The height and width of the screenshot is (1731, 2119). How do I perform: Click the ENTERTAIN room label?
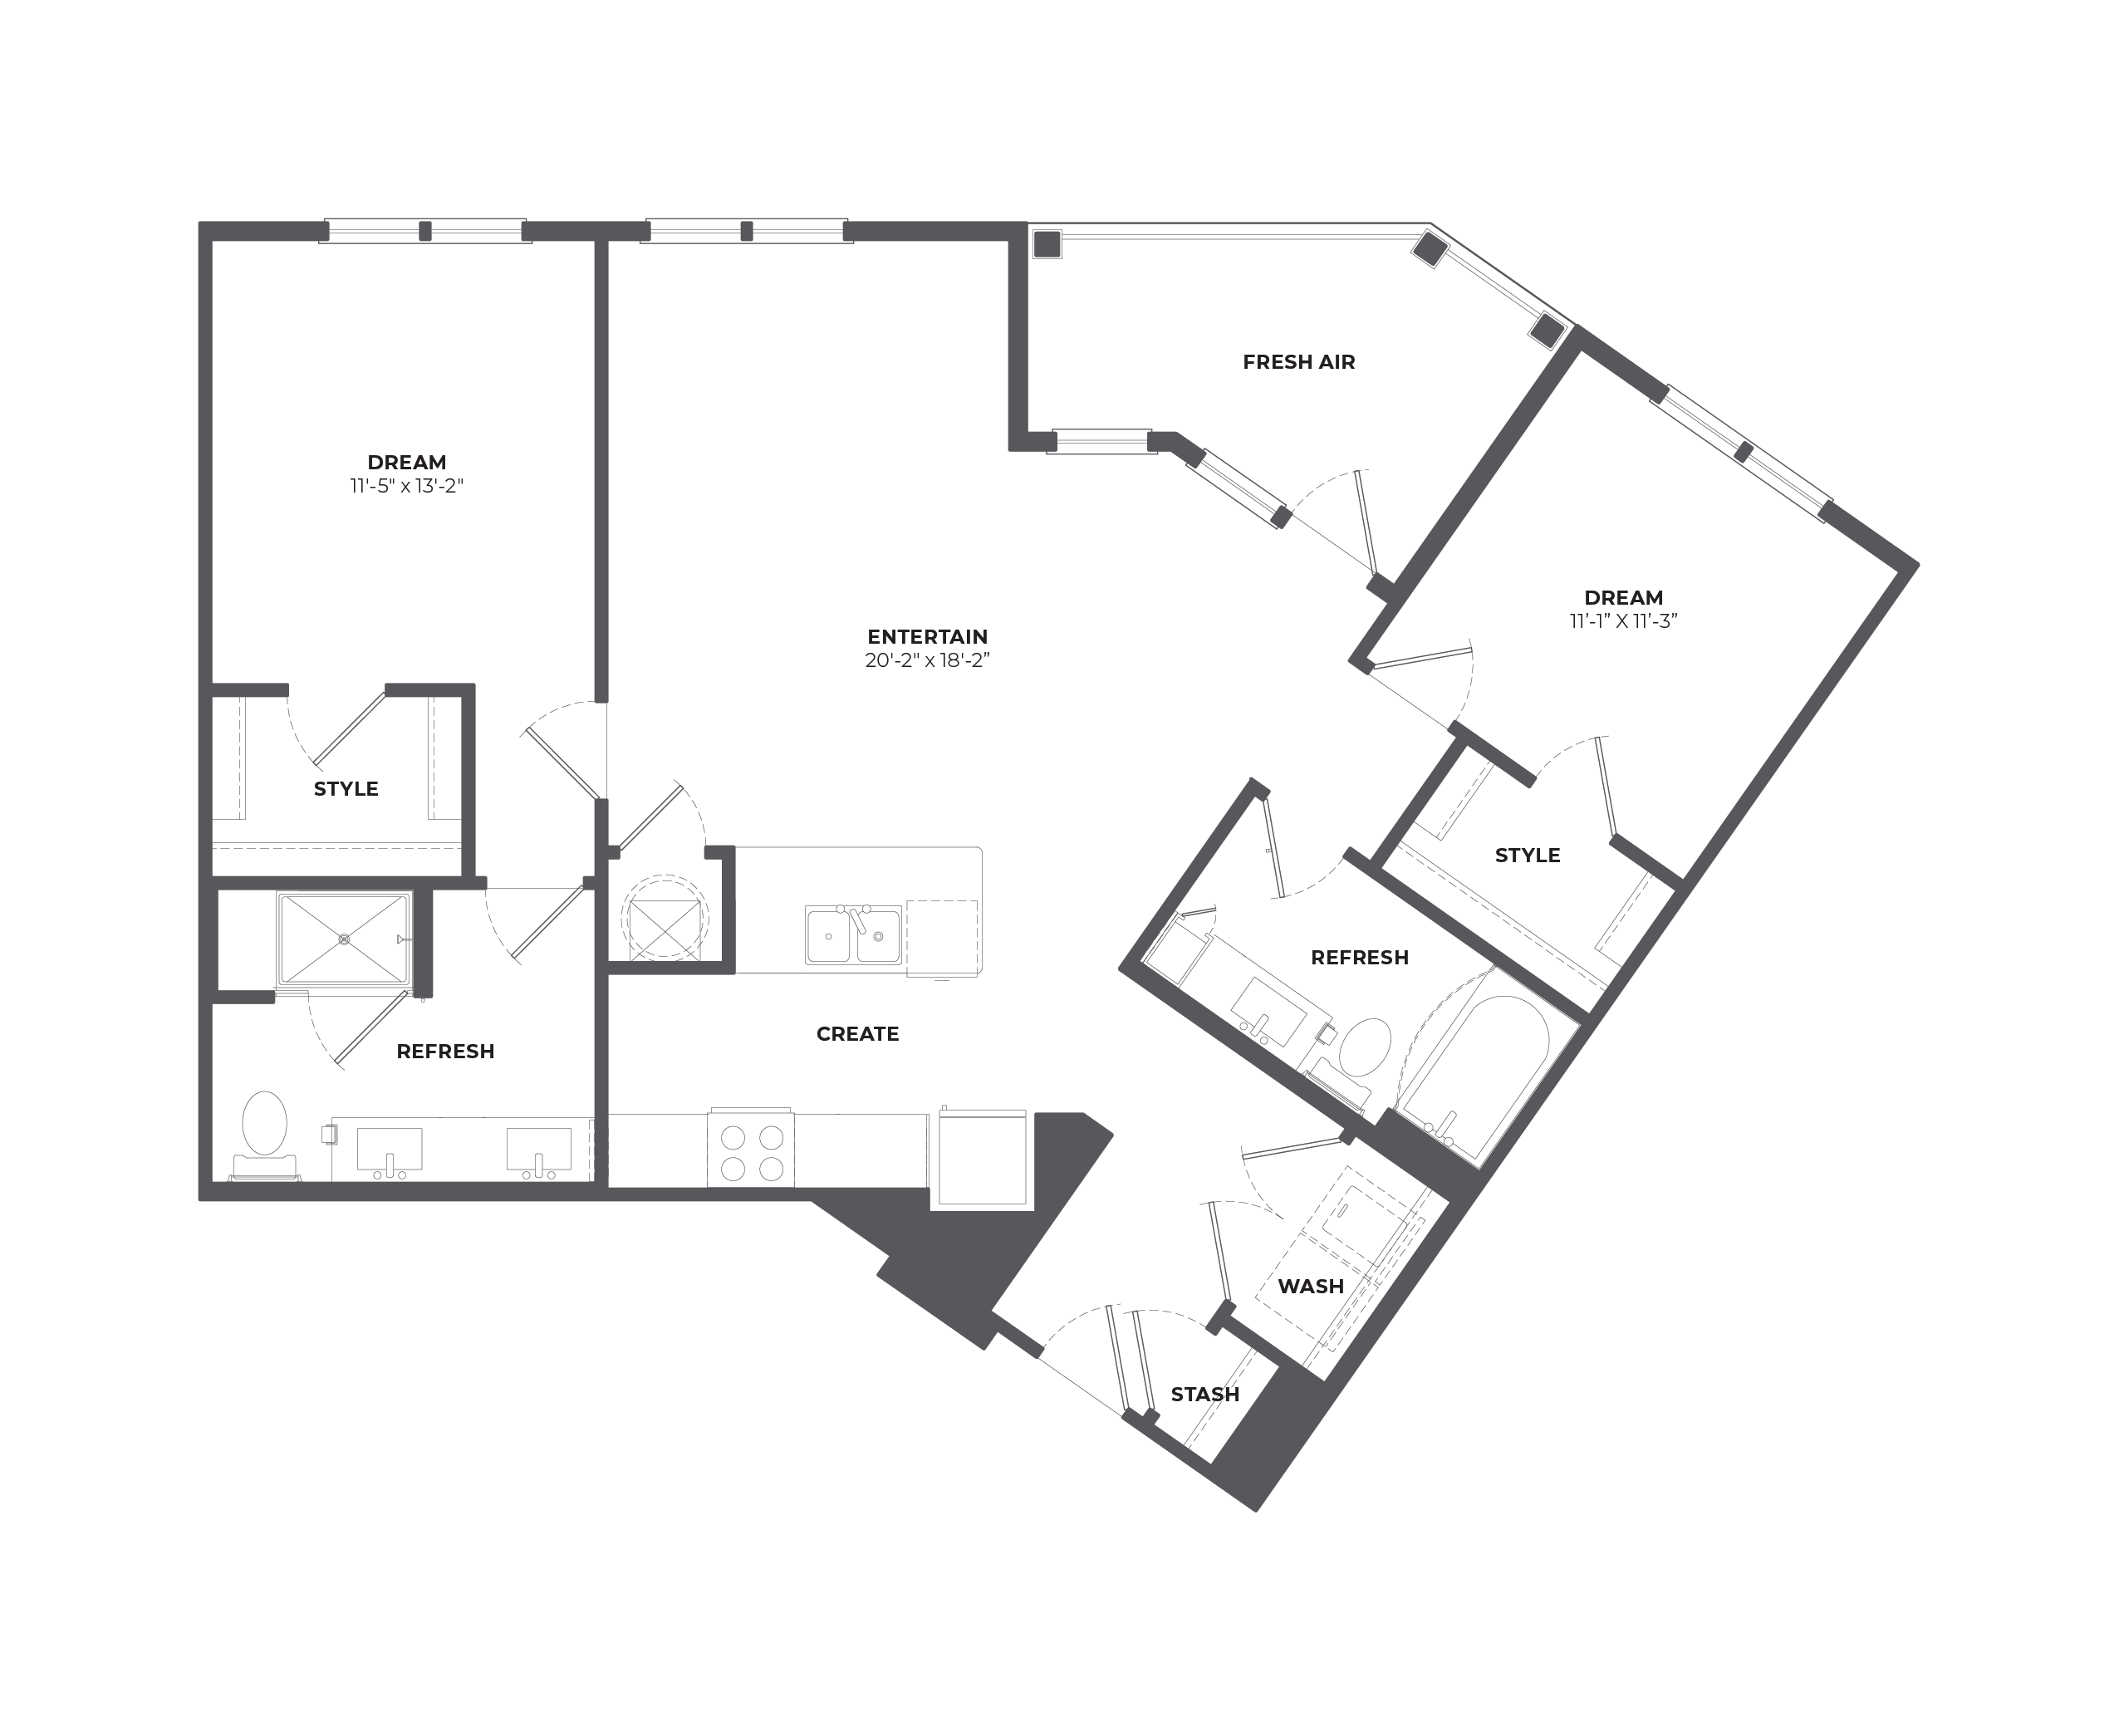(927, 636)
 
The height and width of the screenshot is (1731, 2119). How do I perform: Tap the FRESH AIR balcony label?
(1298, 362)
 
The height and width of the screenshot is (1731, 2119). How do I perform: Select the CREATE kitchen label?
(857, 1034)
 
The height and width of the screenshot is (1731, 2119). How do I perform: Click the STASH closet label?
(1204, 1394)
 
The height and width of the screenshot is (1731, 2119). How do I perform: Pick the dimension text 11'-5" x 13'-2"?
(407, 486)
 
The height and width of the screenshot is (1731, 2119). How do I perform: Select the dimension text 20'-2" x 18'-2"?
(927, 660)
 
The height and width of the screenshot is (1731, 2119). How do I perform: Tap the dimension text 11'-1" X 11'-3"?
(1623, 620)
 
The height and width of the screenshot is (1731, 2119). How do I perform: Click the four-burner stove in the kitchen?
(751, 1150)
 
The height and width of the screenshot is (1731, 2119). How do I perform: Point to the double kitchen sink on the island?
(854, 934)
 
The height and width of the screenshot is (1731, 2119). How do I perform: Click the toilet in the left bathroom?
(264, 1135)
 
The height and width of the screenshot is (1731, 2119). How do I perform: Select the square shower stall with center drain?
(344, 939)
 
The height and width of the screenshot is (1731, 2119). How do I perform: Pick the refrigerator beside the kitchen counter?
(982, 1157)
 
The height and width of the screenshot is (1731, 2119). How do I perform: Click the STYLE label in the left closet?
(346, 789)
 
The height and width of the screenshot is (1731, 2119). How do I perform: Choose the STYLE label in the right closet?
(1527, 856)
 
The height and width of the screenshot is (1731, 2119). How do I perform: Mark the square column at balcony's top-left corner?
(1047, 244)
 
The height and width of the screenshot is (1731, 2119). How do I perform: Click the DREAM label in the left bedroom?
(407, 462)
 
